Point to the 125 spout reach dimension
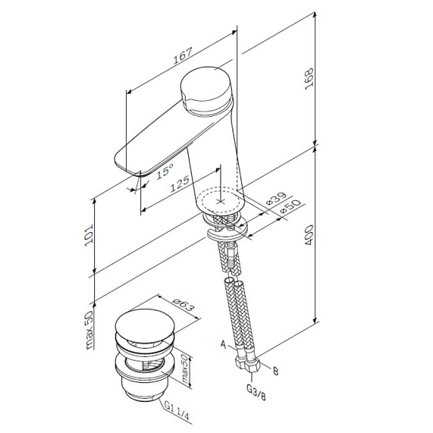tap(179, 184)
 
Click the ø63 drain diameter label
tap(184, 309)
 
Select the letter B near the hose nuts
tap(276, 371)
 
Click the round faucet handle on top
tap(206, 89)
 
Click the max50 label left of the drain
tap(89, 329)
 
